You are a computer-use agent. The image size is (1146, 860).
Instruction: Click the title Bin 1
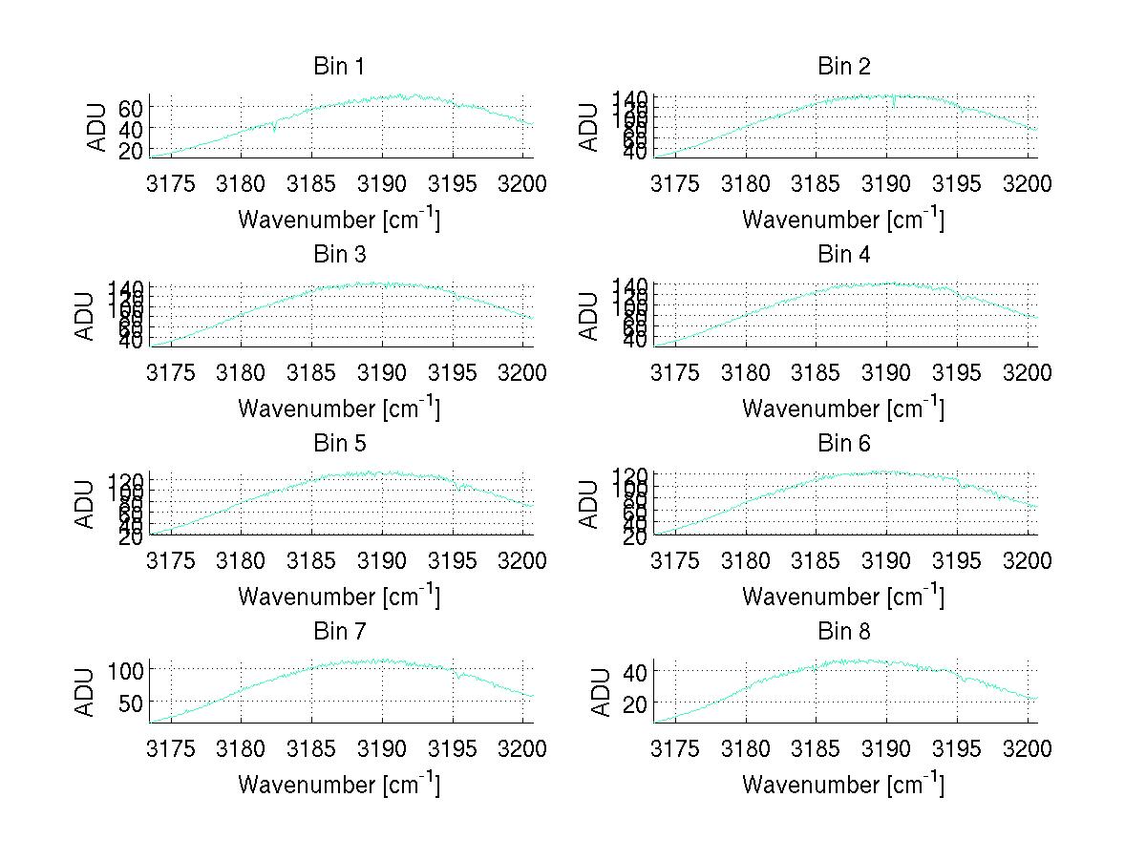coord(338,66)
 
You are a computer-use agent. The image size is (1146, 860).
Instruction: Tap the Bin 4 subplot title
coord(844,255)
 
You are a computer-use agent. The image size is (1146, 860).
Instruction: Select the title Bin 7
coord(338,632)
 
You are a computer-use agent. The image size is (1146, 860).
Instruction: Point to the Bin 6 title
coord(844,444)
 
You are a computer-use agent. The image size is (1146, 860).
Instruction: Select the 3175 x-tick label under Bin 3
coord(170,372)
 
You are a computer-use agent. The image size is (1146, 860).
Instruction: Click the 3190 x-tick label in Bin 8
coord(887,749)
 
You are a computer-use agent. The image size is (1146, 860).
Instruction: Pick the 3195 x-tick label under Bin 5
coord(454,561)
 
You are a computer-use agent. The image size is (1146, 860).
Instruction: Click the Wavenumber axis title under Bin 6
coord(843,597)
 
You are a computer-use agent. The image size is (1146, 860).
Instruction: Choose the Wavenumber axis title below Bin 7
coord(339,785)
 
